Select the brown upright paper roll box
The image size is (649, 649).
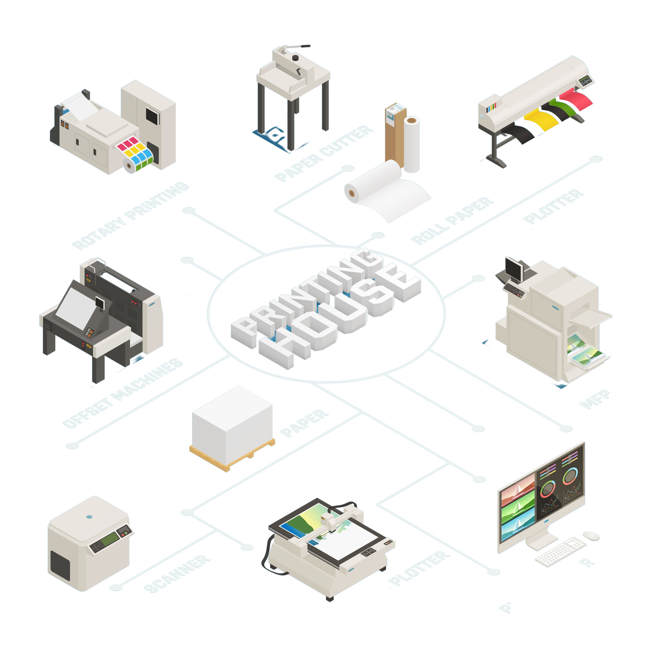tap(395, 134)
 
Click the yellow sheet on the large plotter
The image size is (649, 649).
tap(541, 121)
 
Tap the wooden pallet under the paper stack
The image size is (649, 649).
tap(232, 458)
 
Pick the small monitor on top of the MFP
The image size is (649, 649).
tap(513, 269)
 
